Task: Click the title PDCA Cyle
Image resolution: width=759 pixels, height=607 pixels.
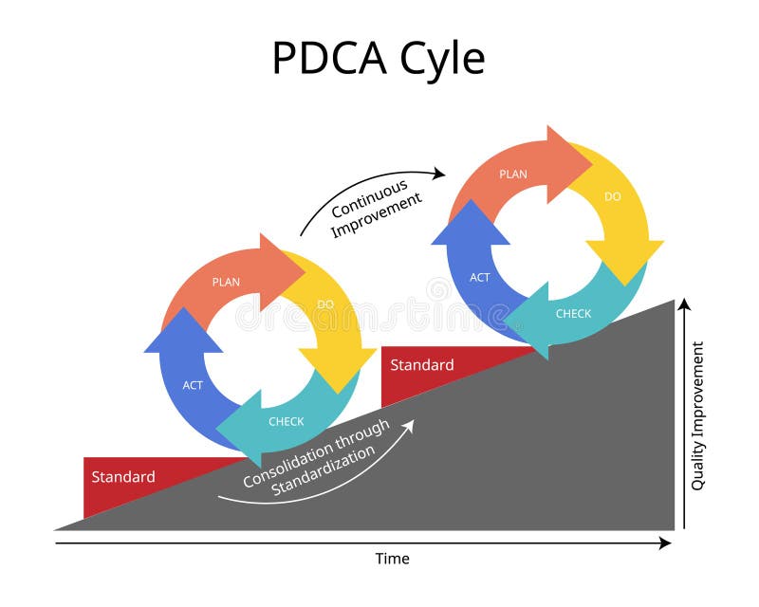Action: click(378, 58)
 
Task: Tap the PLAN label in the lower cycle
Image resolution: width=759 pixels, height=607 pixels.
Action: click(226, 282)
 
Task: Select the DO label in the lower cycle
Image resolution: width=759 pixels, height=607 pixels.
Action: click(325, 303)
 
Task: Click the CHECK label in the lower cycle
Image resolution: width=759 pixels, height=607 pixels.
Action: click(286, 421)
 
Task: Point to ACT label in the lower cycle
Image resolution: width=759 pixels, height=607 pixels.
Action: click(193, 385)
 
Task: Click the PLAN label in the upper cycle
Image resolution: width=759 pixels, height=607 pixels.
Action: click(513, 174)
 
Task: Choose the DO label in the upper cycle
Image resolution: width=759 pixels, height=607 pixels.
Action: click(613, 196)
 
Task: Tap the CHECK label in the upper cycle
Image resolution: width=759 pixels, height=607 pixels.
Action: click(573, 313)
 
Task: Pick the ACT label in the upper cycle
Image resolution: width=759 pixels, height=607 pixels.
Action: click(480, 278)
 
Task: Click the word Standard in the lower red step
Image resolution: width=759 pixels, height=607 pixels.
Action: click(123, 477)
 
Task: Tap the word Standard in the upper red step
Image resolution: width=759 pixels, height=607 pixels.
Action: click(422, 365)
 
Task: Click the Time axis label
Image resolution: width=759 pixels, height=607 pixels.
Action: click(392, 559)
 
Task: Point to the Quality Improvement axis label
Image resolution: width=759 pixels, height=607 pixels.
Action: click(698, 415)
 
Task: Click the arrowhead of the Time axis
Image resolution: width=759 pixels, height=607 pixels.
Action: click(665, 543)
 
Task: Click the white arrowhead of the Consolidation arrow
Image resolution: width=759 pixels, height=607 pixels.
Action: click(409, 426)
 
